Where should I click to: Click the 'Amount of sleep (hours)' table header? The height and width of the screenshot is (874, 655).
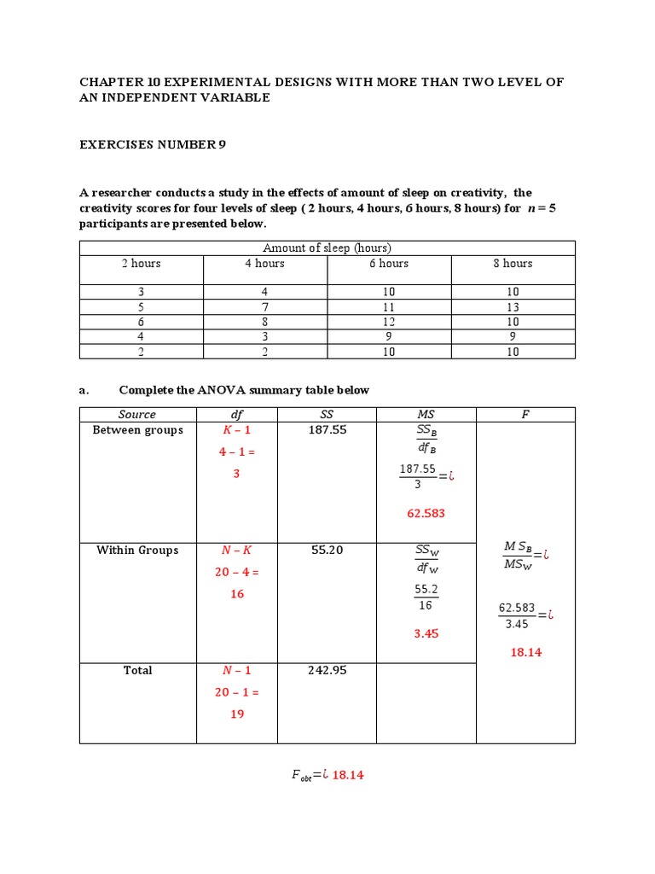point(327,248)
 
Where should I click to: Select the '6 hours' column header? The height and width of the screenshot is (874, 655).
point(389,264)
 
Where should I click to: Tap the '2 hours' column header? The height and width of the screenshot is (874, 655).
point(141,264)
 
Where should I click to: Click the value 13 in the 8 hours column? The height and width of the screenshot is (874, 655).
point(512,307)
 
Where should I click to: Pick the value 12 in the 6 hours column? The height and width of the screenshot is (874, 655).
point(389,322)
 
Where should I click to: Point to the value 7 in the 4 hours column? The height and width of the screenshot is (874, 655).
point(265,307)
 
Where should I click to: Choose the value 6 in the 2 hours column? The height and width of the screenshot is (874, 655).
point(141,322)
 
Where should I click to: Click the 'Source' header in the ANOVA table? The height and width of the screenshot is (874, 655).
point(137,415)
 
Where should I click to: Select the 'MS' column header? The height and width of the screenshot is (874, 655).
point(426,415)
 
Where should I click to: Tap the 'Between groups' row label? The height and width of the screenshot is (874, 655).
point(137,430)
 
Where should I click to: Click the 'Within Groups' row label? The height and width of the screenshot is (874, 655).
point(137,551)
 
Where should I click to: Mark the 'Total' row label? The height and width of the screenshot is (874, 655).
point(137,671)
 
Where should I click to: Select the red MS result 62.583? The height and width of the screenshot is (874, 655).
point(426,514)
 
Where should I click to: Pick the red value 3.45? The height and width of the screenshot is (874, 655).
point(426,634)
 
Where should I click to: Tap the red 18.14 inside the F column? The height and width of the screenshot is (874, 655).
point(525,652)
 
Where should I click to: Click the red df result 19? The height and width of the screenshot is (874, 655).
point(237,714)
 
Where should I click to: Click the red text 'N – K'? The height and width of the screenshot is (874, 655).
point(237,551)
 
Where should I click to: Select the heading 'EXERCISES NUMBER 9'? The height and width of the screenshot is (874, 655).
point(153,145)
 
